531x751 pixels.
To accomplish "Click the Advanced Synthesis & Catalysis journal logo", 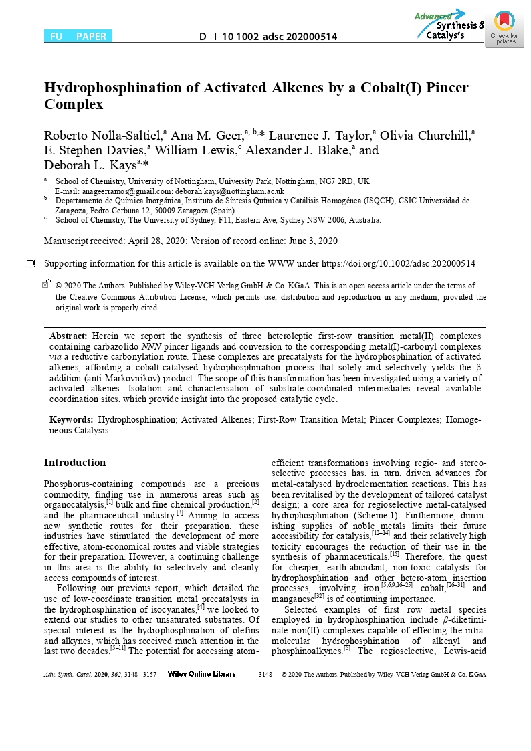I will pos(449,25).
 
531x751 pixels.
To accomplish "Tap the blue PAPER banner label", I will pos(90,37).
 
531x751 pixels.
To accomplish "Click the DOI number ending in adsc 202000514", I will pos(268,37).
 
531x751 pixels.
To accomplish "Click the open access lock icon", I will pos(45,284).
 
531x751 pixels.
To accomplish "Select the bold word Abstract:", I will pos(69,336).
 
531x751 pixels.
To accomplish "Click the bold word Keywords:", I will pos(72,420).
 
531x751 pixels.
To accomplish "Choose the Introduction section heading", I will pos(75,463).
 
